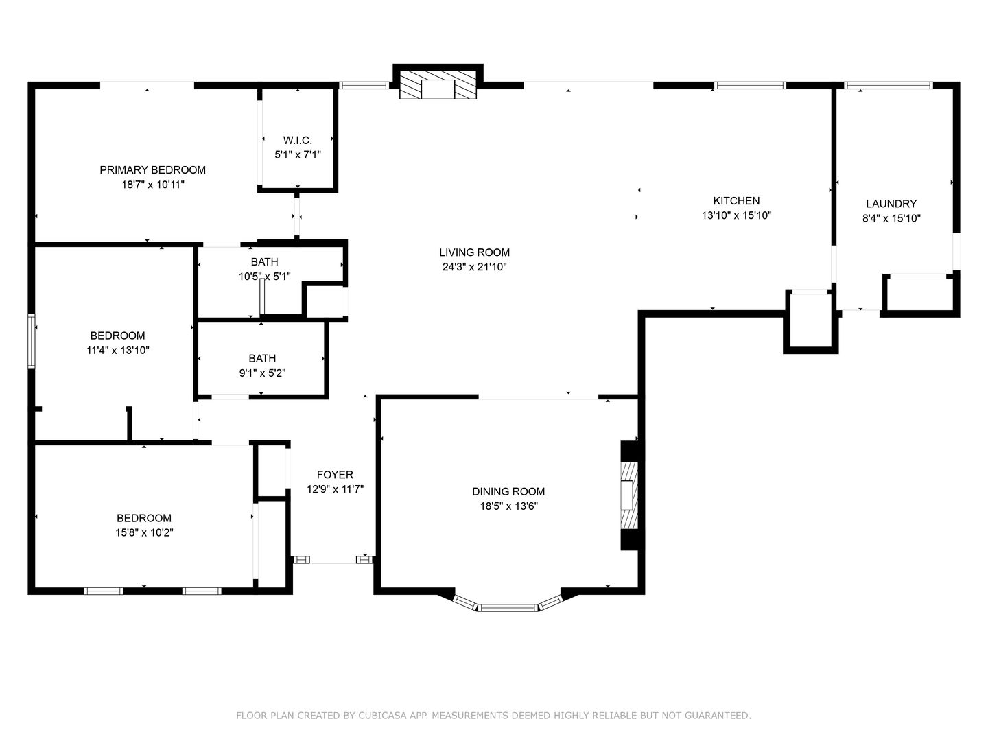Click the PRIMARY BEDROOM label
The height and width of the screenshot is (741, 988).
[x=152, y=169]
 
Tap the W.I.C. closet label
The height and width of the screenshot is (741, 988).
[x=298, y=140]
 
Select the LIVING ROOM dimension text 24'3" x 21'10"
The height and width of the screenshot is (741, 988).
[x=474, y=267]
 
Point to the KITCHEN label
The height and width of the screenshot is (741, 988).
[x=736, y=200]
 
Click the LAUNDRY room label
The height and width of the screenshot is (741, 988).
[x=891, y=203]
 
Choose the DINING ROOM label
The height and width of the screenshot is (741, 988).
[x=508, y=491]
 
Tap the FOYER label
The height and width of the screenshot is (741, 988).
[x=335, y=474]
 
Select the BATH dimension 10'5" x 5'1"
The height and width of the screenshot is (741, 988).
[x=265, y=277]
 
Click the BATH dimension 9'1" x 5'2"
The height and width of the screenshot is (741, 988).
[x=262, y=373]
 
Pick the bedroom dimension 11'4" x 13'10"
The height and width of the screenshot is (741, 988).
[x=118, y=350]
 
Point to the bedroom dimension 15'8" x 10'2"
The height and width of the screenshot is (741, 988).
[x=144, y=532]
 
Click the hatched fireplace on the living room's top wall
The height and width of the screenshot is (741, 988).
[x=438, y=84]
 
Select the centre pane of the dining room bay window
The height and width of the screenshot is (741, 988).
[x=508, y=609]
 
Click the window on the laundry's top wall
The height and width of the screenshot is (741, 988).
[x=888, y=85]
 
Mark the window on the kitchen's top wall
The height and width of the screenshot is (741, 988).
[x=751, y=85]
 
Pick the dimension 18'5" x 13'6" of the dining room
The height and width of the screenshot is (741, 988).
[x=508, y=506]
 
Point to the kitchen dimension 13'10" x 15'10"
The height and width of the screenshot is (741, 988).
[x=736, y=215]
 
